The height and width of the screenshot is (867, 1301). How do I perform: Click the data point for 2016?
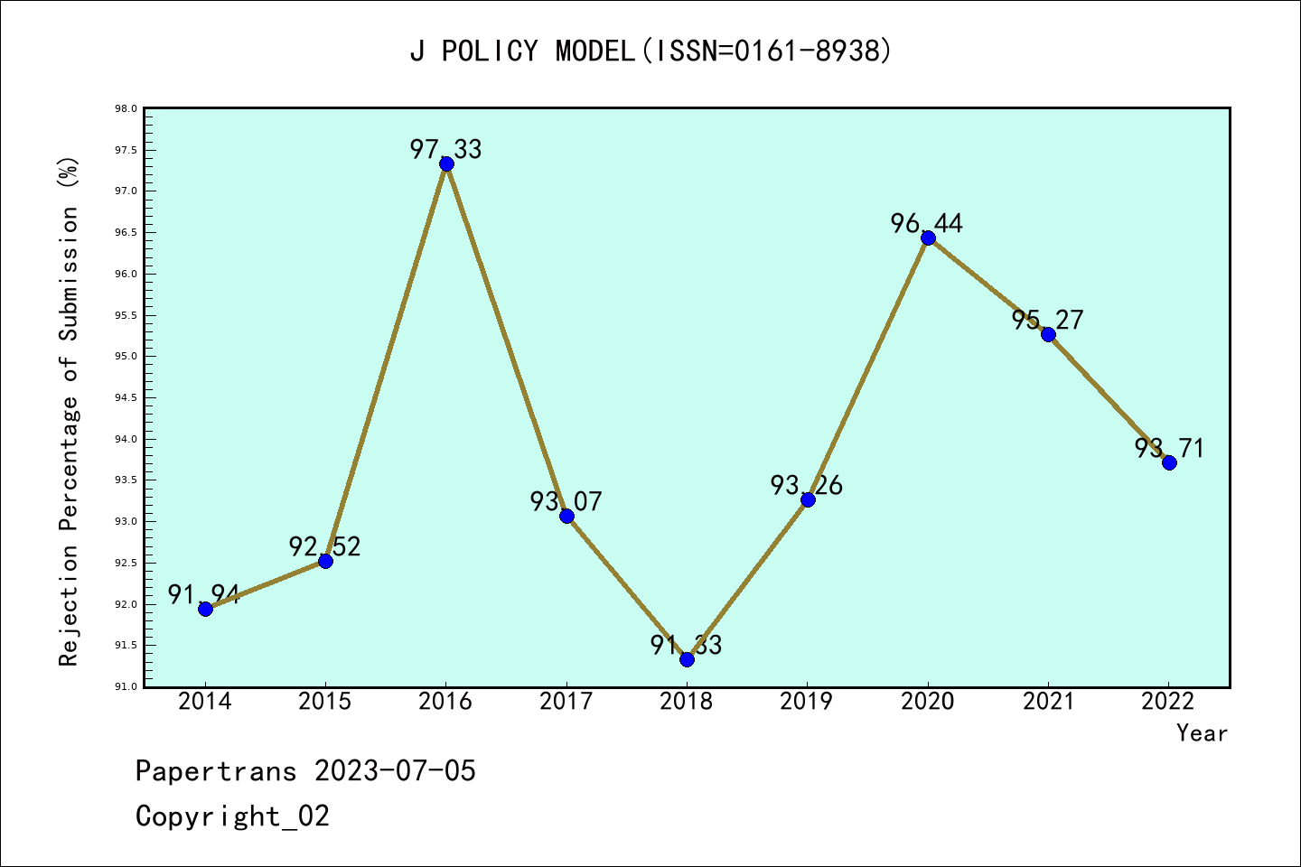446,163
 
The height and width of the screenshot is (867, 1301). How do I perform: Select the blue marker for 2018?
687,659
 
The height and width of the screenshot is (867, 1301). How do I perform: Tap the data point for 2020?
928,238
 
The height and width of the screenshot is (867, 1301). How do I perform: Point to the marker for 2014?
205,609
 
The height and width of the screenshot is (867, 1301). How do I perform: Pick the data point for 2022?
1169,462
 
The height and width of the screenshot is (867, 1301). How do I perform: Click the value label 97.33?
446,149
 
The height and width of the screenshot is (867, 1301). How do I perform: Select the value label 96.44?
927,223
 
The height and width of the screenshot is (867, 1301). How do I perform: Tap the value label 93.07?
566,501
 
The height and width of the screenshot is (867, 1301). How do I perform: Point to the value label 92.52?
325,546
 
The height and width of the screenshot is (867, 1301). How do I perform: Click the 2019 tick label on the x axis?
807,702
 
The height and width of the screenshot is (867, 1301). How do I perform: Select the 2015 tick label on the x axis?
325,702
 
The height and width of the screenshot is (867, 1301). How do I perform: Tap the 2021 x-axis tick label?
1048,702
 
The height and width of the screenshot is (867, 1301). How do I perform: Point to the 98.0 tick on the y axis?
126,109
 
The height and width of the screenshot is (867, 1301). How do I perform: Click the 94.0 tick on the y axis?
126,439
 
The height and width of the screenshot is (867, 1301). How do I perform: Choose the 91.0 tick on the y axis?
126,686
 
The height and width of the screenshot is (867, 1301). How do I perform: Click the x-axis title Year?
1202,733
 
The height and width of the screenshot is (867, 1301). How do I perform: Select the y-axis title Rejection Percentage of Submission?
70,412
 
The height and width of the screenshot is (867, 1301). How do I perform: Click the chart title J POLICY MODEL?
650,51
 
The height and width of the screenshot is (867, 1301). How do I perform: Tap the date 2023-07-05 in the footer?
395,771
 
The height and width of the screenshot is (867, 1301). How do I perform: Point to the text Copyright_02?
233,816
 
